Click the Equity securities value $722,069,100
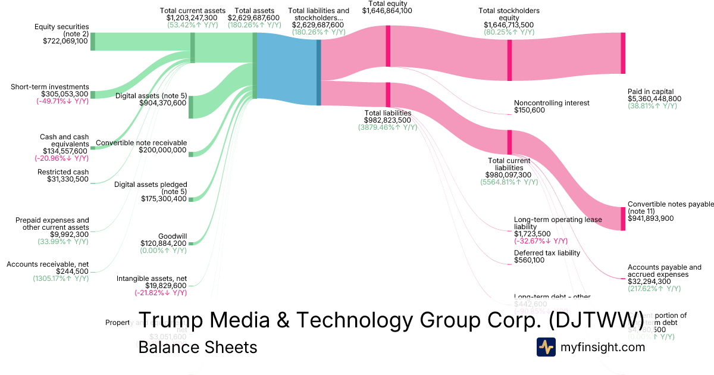pos(65,41)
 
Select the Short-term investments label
pos(49,87)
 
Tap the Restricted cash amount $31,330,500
pos(68,179)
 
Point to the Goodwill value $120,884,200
pos(164,243)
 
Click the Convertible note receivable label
pos(142,143)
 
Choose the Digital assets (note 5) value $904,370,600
pos(163,102)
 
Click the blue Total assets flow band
pos(287,66)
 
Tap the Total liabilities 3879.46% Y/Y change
pos(387,127)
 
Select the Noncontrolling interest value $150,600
pos(530,110)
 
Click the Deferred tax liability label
pos(547,252)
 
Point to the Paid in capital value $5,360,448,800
pos(654,99)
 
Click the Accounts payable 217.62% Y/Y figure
pos(654,289)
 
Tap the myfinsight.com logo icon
pos(546,347)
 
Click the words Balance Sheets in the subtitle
pos(198,347)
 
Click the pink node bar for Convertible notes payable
pos(623,218)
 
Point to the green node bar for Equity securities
pos(93,42)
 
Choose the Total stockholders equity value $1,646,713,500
pos(509,24)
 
